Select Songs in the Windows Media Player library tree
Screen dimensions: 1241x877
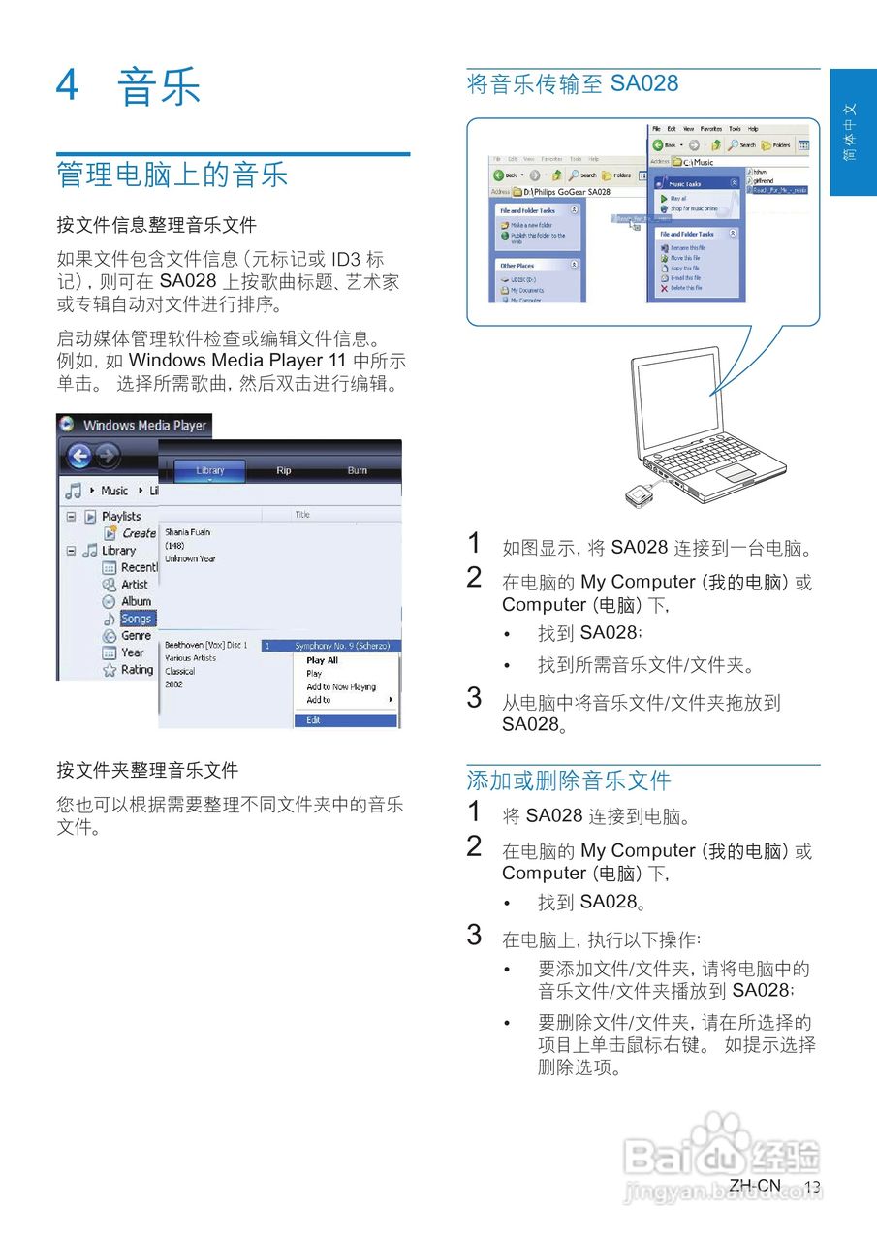coord(136,619)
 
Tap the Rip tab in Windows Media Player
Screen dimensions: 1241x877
coord(283,471)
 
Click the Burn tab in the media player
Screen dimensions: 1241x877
coord(358,471)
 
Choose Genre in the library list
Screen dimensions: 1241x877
coord(136,636)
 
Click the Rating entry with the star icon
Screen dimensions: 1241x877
coord(136,670)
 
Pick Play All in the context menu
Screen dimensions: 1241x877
coord(323,660)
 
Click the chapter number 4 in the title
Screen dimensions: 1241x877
coord(67,85)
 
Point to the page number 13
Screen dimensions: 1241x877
coord(812,1188)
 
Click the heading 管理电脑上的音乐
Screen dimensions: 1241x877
coord(172,175)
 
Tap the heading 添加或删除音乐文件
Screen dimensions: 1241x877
coord(569,780)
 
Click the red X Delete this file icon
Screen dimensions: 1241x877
coord(664,288)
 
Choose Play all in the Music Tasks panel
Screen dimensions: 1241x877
coord(677,198)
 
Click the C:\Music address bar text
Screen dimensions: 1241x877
coord(700,162)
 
